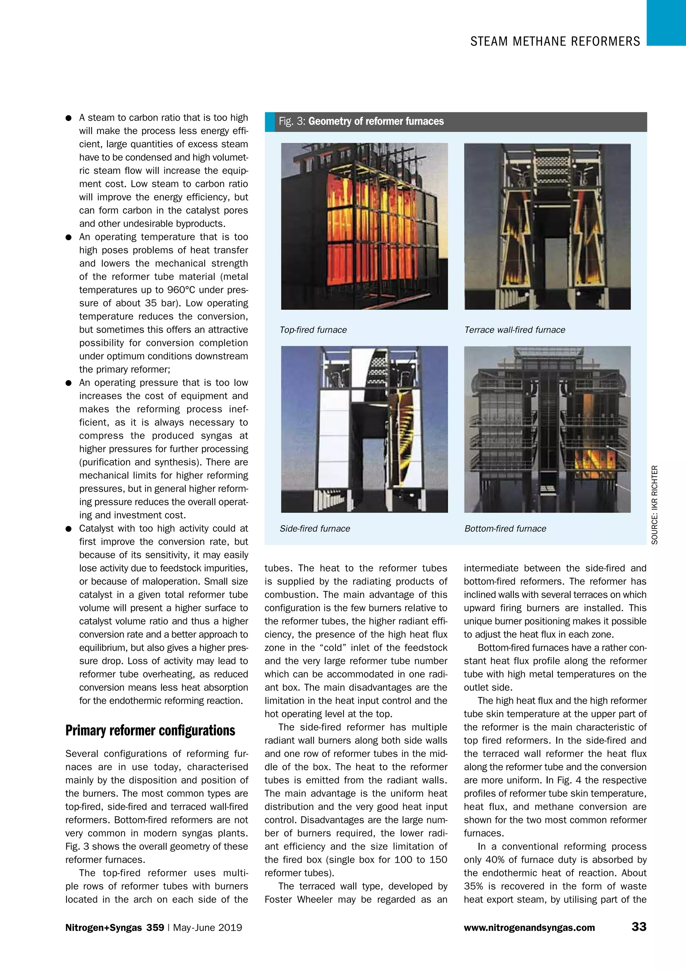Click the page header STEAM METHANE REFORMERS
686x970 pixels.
(555, 42)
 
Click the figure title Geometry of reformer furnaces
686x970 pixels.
(376, 122)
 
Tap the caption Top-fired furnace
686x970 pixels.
(313, 330)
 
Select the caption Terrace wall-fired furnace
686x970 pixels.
(514, 330)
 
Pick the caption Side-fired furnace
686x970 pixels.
(315, 529)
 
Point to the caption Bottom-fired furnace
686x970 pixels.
(505, 529)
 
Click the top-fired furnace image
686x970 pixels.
(364, 226)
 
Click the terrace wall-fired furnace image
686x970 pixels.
(547, 226)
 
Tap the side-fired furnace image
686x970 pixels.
(364, 429)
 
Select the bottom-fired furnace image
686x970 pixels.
(547, 429)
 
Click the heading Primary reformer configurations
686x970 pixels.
(150, 731)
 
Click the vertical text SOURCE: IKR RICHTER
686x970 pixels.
(654, 504)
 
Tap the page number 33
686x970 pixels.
(639, 927)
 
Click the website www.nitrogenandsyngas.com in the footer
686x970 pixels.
(529, 928)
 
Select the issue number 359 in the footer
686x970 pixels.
(155, 928)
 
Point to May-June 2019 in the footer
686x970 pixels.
(207, 928)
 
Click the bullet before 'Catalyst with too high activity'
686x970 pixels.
(68, 529)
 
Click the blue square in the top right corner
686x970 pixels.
(666, 22)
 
